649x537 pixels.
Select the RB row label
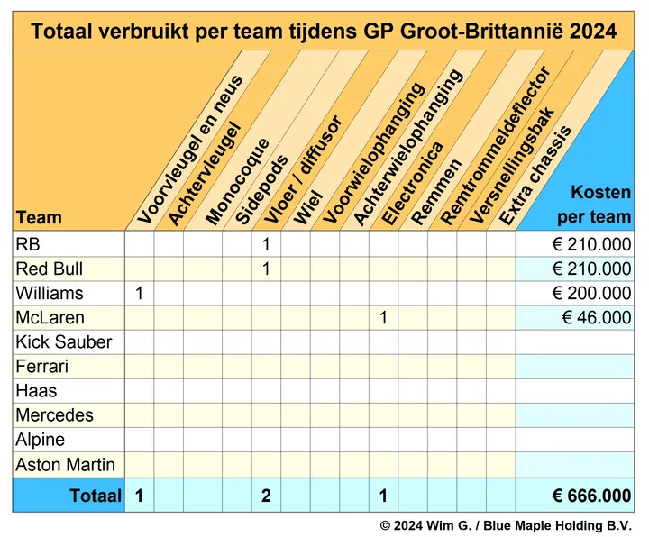click(x=28, y=244)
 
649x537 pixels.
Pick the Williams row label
click(x=50, y=293)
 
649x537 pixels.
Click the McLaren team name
click(x=50, y=317)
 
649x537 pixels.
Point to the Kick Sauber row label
click(x=64, y=342)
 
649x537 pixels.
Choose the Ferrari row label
click(x=42, y=367)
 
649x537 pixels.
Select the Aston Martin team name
click(x=66, y=465)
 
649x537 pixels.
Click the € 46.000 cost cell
click(x=596, y=317)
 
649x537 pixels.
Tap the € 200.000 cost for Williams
click(x=591, y=293)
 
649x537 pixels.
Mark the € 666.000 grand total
click(x=591, y=496)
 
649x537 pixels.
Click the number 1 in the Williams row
click(x=139, y=293)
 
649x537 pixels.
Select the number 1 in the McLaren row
click(x=384, y=317)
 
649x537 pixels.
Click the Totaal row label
click(x=95, y=496)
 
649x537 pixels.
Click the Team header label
click(x=39, y=217)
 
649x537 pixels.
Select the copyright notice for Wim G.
click(x=506, y=525)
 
